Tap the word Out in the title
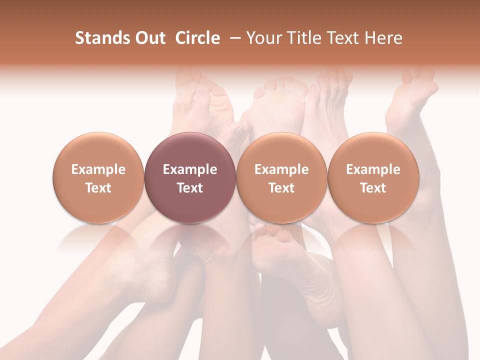[149, 38]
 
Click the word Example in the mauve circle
[190, 169]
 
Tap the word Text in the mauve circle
[190, 188]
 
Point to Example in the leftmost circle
[98, 169]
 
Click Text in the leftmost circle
[98, 188]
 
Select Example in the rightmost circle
[373, 169]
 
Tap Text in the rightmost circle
[373, 188]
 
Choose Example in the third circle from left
[281, 169]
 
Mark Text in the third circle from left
[281, 188]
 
